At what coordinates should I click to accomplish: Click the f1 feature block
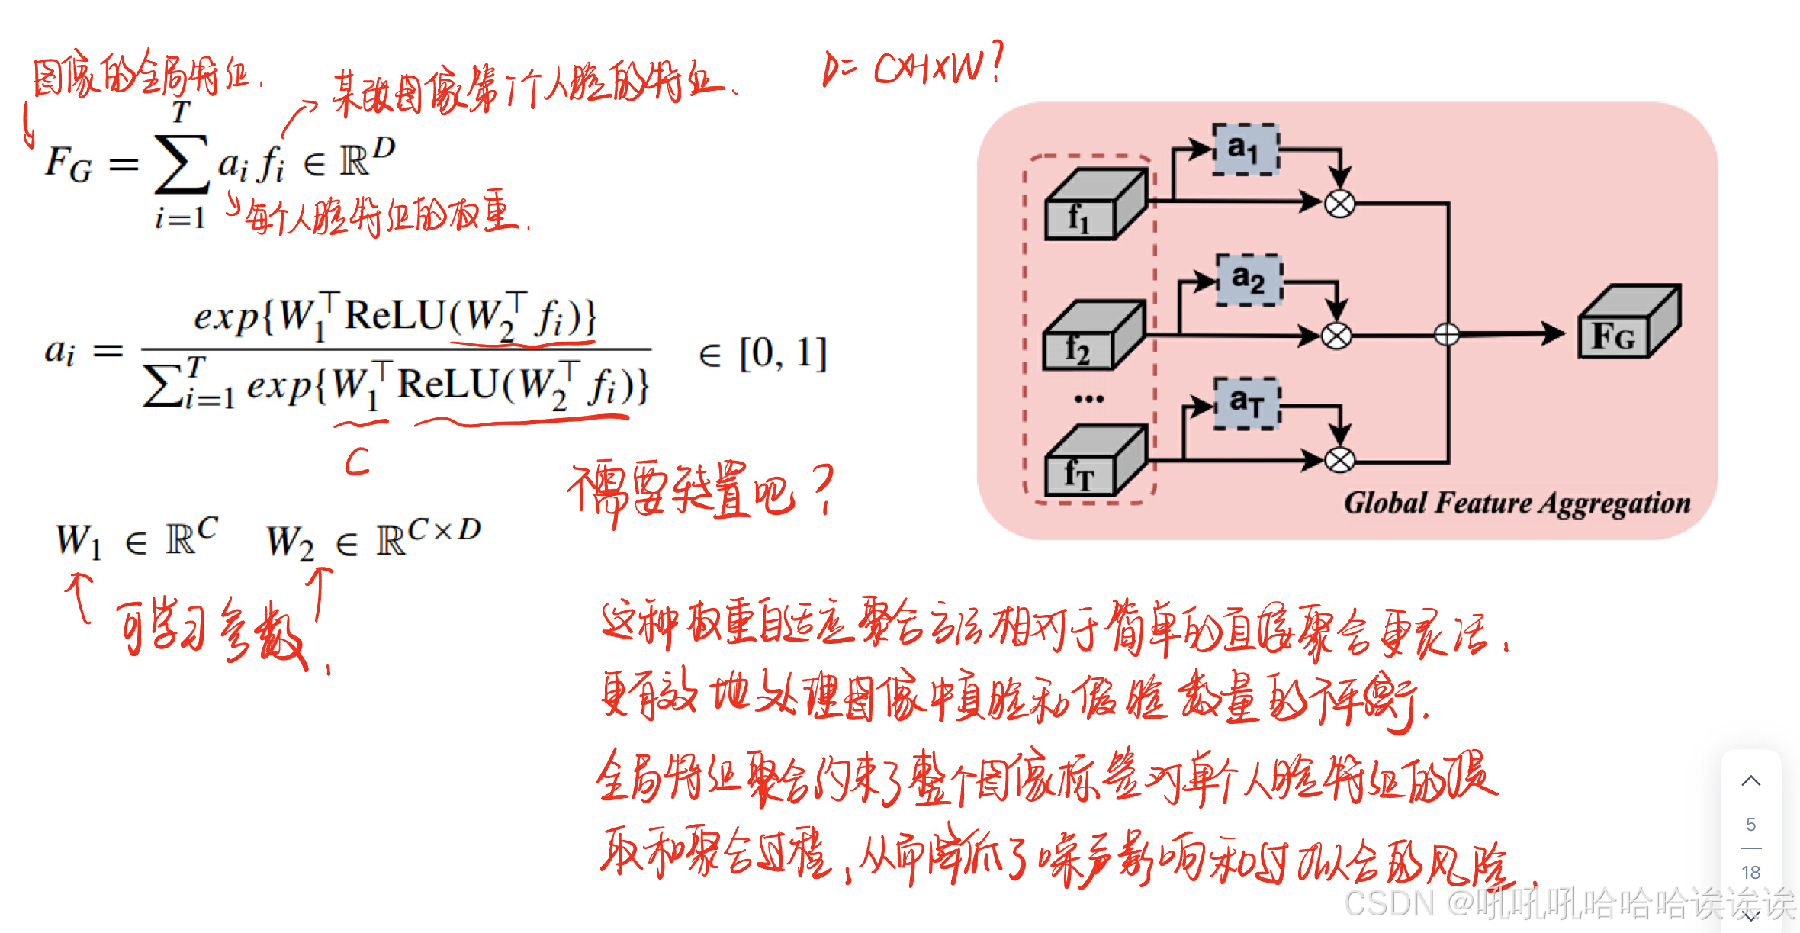pyautogui.click(x=1094, y=207)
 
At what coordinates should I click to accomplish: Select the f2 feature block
pyautogui.click(x=1092, y=337)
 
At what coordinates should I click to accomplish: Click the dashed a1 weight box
pyautogui.click(x=1245, y=149)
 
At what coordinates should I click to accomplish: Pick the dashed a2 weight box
pyautogui.click(x=1249, y=280)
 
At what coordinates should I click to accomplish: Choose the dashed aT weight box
pyautogui.click(x=1246, y=402)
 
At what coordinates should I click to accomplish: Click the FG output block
pyautogui.click(x=1628, y=323)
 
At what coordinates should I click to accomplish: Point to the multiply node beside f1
pyautogui.click(x=1339, y=203)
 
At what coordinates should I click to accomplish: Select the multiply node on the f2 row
pyautogui.click(x=1336, y=335)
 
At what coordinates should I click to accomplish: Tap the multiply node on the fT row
pyautogui.click(x=1339, y=460)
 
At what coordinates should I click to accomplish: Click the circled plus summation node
pyautogui.click(x=1446, y=334)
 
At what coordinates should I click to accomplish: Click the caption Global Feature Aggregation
pyautogui.click(x=1516, y=503)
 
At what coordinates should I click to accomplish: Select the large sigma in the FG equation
pyautogui.click(x=182, y=163)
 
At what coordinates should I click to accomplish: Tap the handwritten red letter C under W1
pyautogui.click(x=357, y=461)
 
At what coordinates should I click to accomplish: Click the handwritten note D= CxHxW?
pyautogui.click(x=912, y=66)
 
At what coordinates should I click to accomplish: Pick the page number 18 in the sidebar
pyautogui.click(x=1751, y=872)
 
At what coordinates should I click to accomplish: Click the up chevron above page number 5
pyautogui.click(x=1751, y=781)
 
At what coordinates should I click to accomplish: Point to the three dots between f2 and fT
pyautogui.click(x=1088, y=399)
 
